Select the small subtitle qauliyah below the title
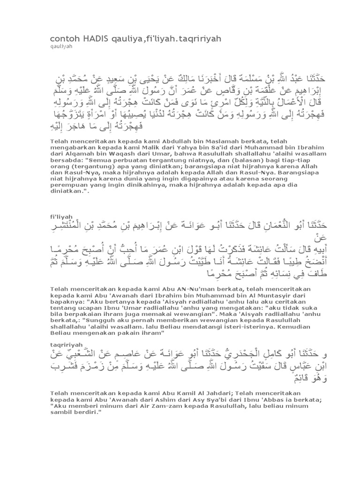[x=59, y=46]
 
